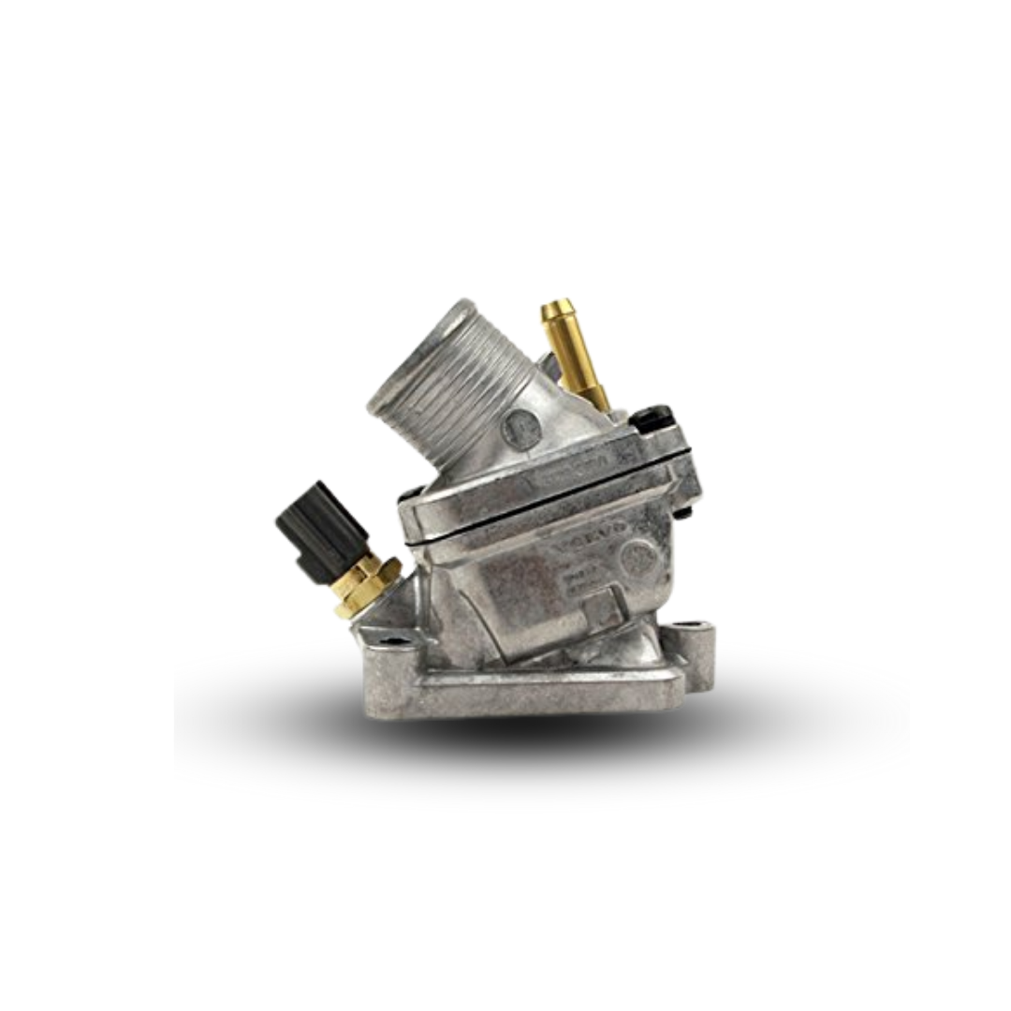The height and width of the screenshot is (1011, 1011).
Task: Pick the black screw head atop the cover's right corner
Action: (x=654, y=416)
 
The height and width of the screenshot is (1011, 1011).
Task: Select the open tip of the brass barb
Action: (x=557, y=308)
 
